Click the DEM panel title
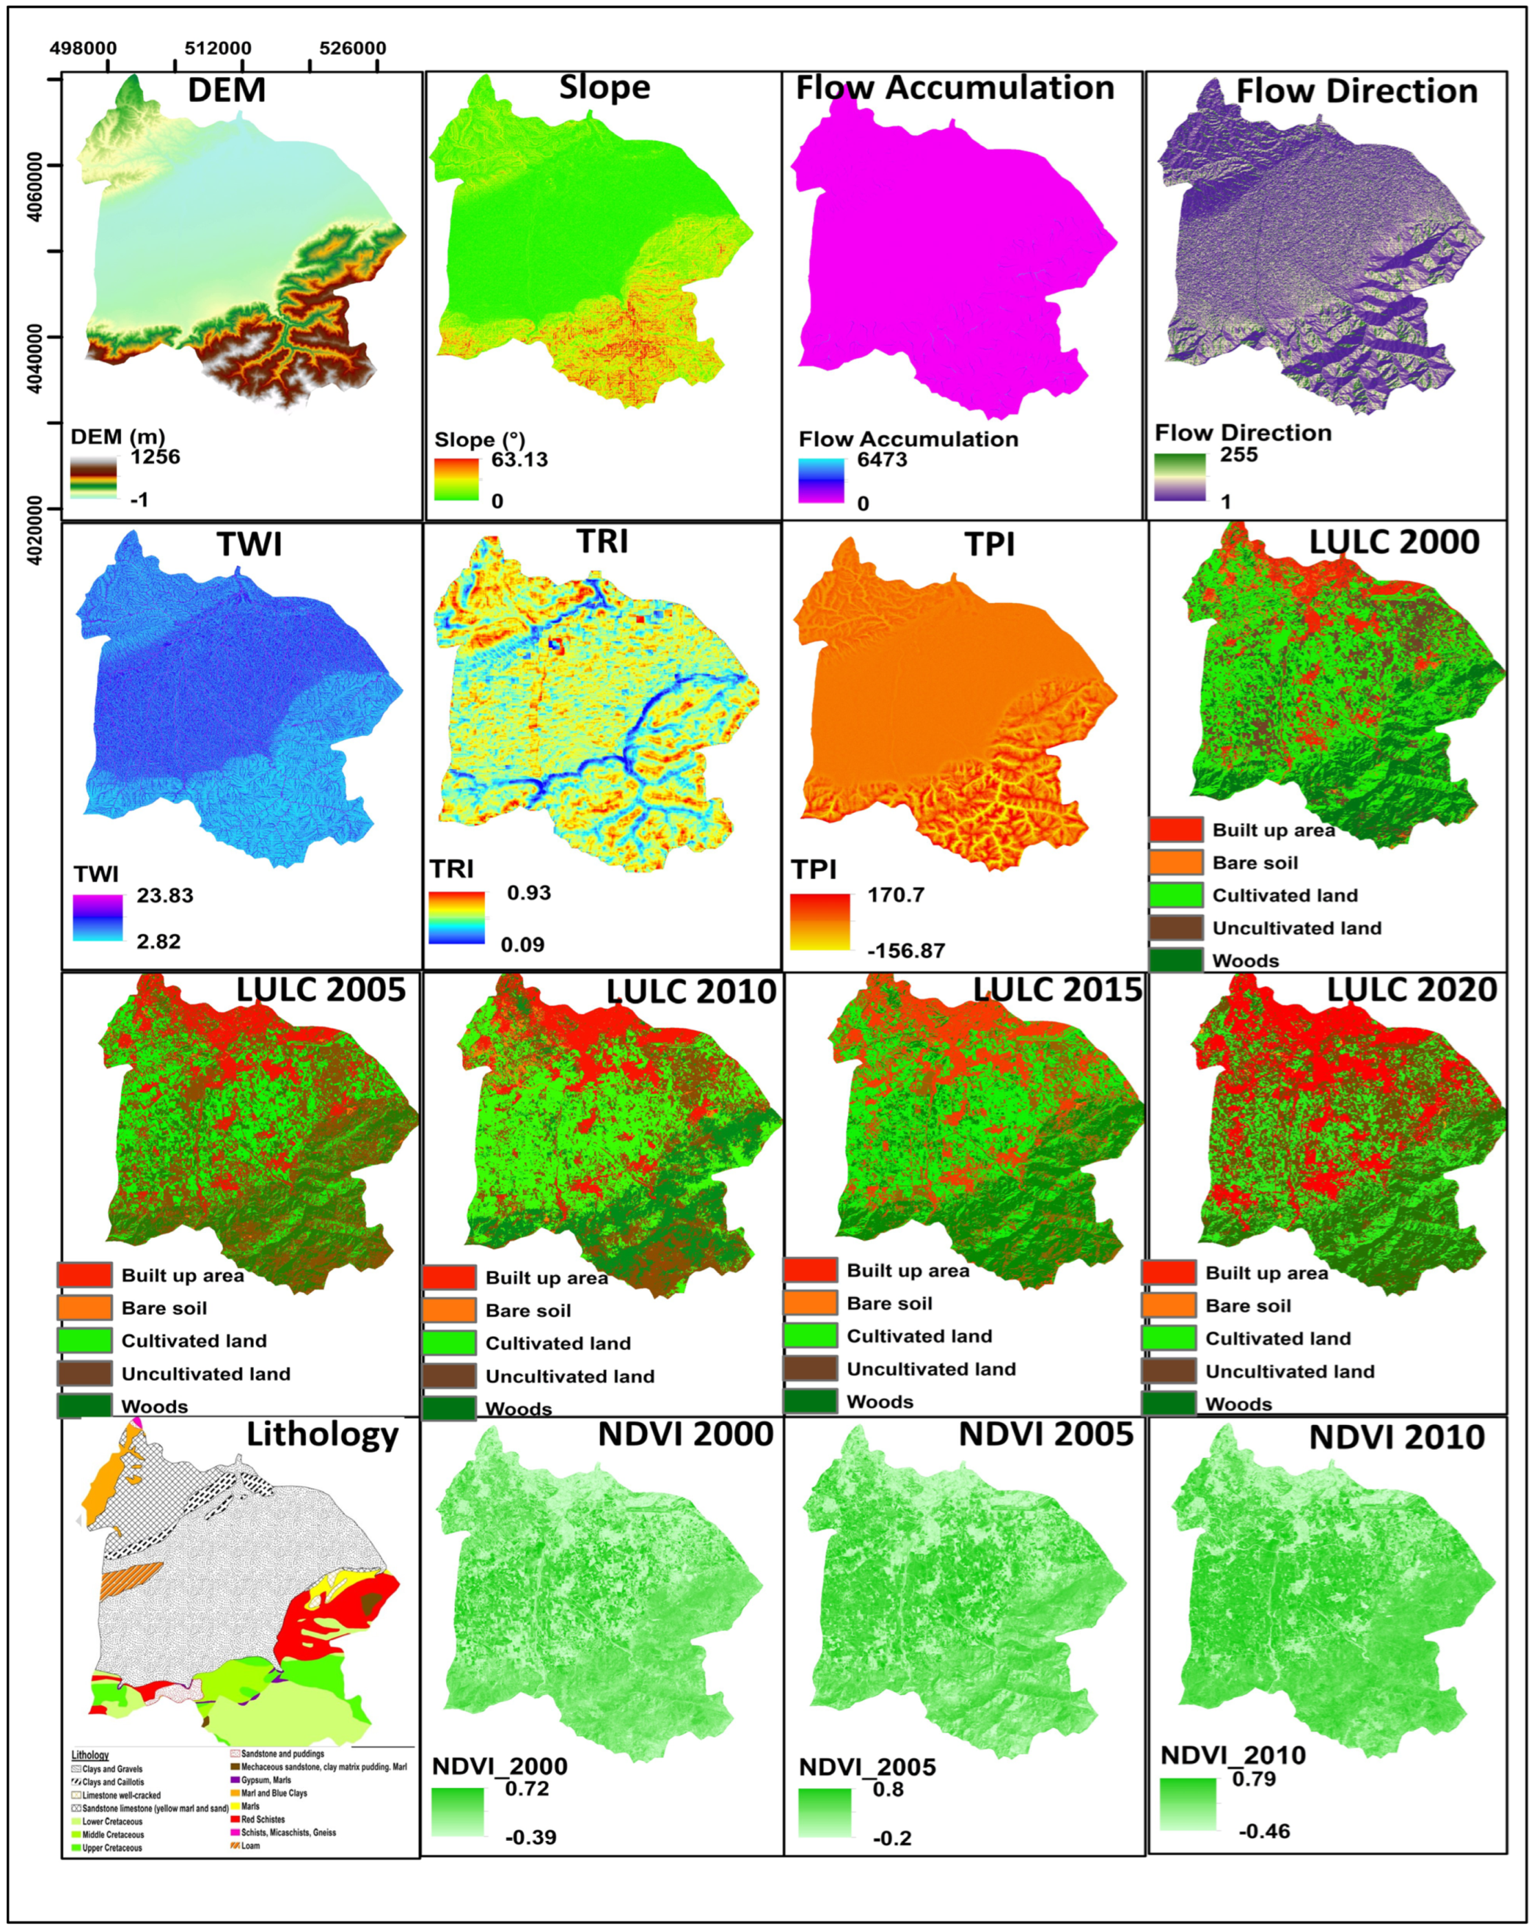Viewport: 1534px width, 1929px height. point(226,90)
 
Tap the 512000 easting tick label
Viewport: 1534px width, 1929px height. point(217,48)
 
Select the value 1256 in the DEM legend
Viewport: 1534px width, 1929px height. point(155,457)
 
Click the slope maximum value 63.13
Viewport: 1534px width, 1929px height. point(519,460)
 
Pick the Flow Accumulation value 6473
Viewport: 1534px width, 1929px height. point(881,460)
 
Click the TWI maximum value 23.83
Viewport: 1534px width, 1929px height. point(164,896)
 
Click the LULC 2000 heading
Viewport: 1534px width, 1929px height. point(1394,542)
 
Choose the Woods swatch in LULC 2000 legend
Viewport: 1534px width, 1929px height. point(1175,960)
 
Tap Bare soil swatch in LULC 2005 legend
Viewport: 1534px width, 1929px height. point(84,1308)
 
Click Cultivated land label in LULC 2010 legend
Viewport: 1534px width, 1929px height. point(558,1343)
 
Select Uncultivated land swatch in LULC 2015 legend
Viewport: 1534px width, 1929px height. point(811,1369)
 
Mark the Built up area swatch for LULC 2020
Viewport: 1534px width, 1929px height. point(1168,1272)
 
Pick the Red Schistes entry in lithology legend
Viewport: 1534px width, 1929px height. point(263,1819)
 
